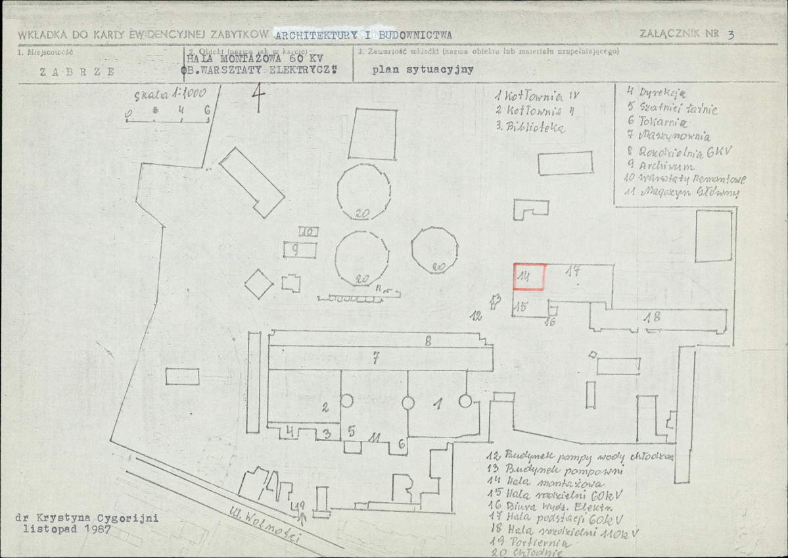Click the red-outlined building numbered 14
(529, 276)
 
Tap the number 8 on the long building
(428, 341)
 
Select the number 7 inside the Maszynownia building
(375, 358)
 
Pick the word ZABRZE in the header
(77, 72)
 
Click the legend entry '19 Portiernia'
(530, 544)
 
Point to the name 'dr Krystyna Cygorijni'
(87, 518)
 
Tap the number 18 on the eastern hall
(652, 317)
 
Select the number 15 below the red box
(521, 306)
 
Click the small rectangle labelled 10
(309, 231)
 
